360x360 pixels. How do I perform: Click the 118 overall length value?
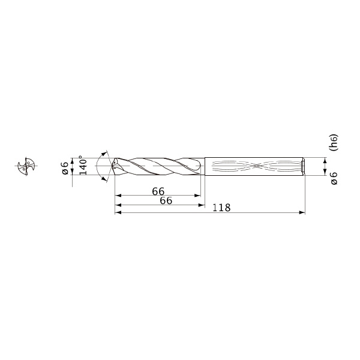(x=221, y=208)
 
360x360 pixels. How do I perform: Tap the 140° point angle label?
(x=83, y=166)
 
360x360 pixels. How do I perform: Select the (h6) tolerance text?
(x=334, y=142)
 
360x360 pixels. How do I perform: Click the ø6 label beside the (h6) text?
(x=335, y=178)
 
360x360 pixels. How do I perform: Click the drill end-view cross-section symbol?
(x=26, y=166)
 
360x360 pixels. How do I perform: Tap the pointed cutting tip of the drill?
(x=112, y=166)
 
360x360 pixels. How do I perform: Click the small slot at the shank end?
(x=303, y=166)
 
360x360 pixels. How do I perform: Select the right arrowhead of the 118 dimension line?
(x=302, y=212)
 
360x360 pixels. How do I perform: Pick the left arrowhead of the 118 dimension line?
(x=118, y=212)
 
